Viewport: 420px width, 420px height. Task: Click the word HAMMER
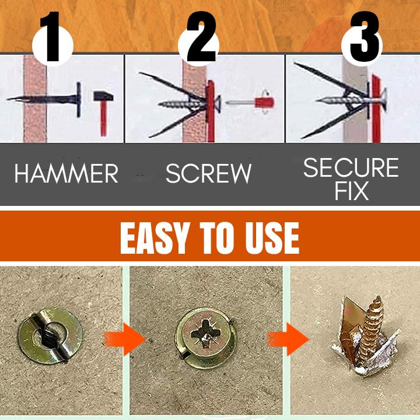(x=66, y=174)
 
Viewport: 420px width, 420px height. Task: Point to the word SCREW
(x=208, y=174)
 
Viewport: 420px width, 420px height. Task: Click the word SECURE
(x=351, y=167)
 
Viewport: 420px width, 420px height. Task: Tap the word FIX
(x=351, y=191)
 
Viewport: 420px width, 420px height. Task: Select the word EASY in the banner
(x=153, y=238)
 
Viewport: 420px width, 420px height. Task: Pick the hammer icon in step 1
(x=103, y=113)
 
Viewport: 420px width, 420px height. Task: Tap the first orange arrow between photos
(x=124, y=339)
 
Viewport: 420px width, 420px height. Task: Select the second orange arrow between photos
(x=289, y=339)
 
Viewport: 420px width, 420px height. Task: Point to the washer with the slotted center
(x=50, y=335)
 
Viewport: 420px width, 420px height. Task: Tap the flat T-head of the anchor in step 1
(x=79, y=100)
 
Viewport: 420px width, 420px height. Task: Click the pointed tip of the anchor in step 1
(x=8, y=99)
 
